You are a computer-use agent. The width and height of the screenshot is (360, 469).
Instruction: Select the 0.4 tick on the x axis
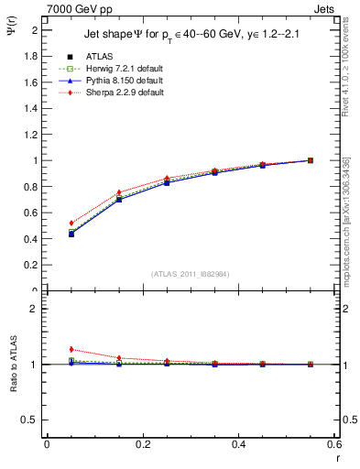pyautogui.click(x=238, y=444)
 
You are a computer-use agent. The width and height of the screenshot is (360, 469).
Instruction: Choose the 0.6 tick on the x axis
pyautogui.click(x=333, y=444)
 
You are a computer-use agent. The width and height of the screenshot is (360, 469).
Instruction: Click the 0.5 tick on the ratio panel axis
pyautogui.click(x=33, y=420)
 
